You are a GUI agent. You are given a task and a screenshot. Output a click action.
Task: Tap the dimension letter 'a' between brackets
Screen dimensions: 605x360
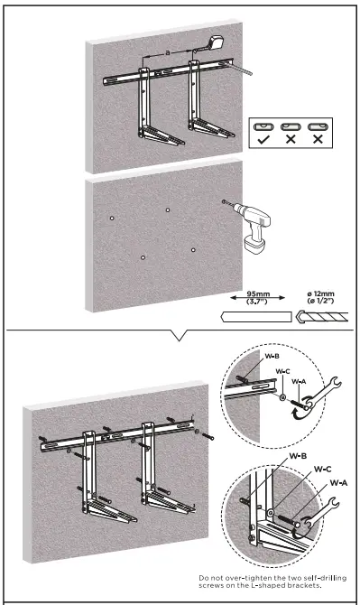coord(167,54)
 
